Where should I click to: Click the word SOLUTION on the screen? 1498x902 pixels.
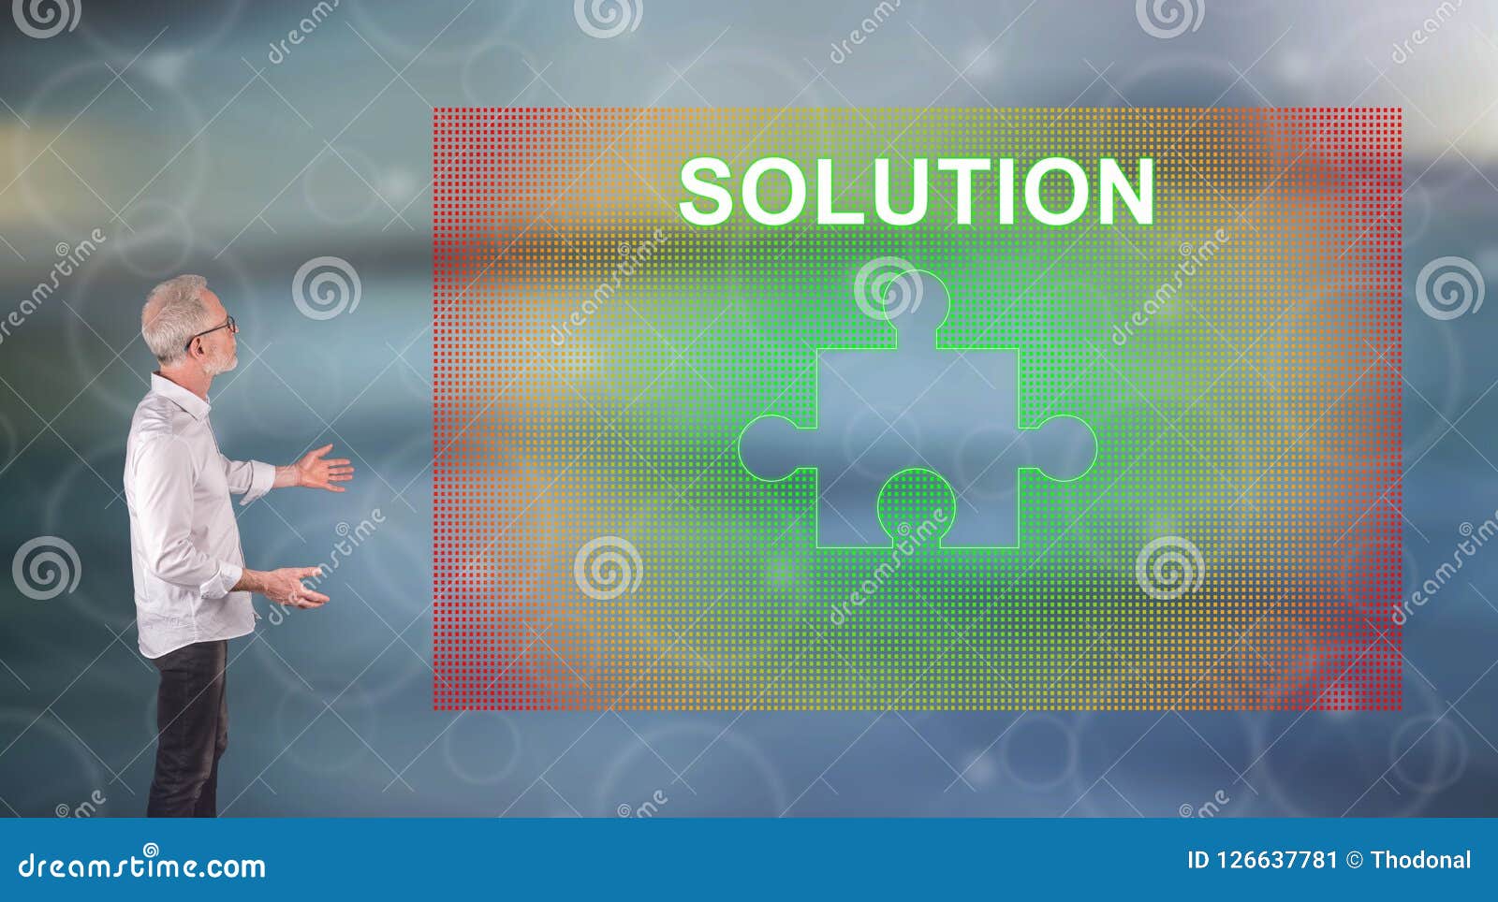point(916,191)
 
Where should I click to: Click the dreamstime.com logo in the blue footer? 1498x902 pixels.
point(142,865)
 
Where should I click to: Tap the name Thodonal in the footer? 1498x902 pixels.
point(1420,860)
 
